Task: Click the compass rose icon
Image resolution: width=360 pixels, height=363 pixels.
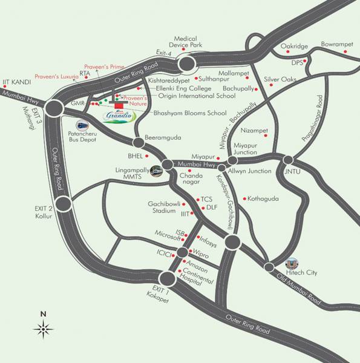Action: tap(44, 329)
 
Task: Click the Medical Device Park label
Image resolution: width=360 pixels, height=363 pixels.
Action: tap(189, 41)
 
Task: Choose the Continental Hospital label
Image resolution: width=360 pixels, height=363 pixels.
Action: tap(199, 279)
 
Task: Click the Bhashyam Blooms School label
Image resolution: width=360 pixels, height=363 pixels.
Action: tap(189, 113)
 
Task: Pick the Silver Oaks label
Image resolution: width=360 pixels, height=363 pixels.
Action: tap(281, 79)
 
